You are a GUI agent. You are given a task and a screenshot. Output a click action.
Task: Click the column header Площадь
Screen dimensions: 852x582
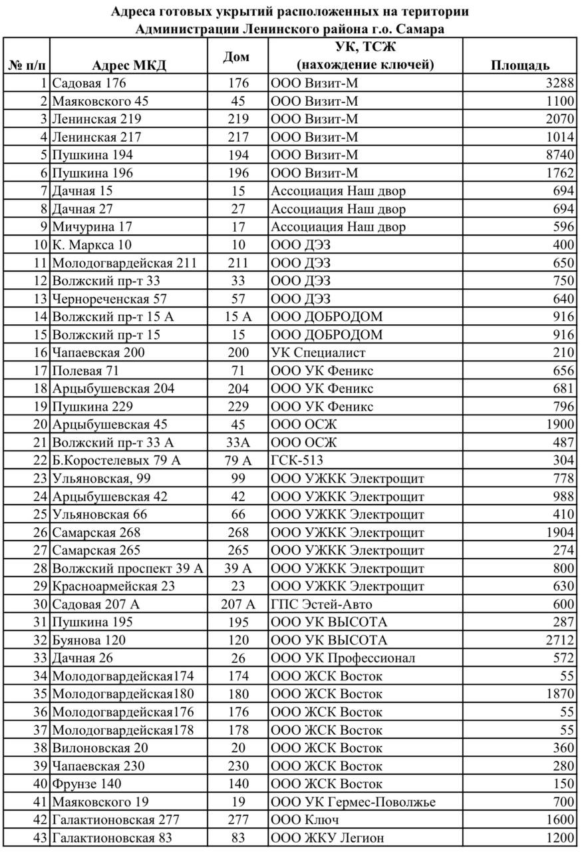tap(519, 65)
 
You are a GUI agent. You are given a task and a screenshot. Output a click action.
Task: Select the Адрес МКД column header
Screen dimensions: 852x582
tap(129, 65)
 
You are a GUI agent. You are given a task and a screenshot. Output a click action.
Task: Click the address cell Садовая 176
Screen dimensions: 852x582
tap(88, 83)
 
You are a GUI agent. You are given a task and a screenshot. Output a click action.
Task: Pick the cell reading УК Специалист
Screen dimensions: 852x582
tap(318, 353)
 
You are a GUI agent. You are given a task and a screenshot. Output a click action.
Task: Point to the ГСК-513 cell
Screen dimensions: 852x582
tap(297, 461)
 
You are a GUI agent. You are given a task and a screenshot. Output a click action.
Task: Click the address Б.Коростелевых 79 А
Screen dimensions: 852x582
tap(116, 461)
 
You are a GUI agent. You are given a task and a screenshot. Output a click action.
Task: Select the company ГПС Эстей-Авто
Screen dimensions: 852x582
tap(321, 604)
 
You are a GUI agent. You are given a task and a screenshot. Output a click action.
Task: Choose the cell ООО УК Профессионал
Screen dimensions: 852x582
tap(343, 658)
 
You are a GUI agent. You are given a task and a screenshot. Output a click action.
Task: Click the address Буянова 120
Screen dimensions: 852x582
tap(88, 640)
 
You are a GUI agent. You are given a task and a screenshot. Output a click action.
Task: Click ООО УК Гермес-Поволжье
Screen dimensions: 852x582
tap(353, 802)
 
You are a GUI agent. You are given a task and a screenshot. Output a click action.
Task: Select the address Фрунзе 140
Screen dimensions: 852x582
tap(86, 784)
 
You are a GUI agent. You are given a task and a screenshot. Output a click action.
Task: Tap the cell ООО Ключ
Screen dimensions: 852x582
tap(305, 820)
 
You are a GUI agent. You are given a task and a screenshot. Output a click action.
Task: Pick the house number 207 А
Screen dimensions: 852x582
tap(237, 604)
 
